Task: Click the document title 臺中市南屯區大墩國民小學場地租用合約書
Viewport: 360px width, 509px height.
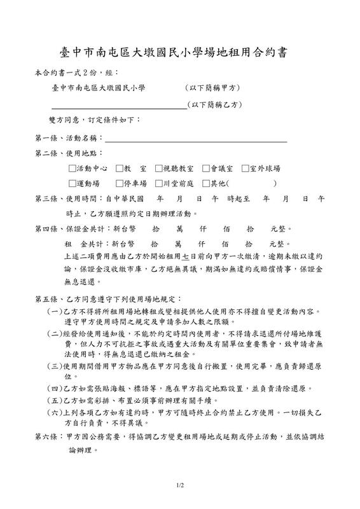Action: pos(180,52)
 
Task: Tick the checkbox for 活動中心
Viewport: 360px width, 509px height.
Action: pos(72,169)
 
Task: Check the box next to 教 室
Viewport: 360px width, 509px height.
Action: pos(120,169)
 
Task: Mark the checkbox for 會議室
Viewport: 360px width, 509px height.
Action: pos(205,169)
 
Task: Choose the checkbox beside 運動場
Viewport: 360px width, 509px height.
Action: pos(72,183)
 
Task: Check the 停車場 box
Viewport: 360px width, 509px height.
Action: pos(120,183)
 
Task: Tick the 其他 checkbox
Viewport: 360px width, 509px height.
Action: pos(205,183)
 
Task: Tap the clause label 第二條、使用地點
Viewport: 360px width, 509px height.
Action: pos(67,153)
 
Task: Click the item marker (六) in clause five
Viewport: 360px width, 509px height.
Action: pos(54,412)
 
